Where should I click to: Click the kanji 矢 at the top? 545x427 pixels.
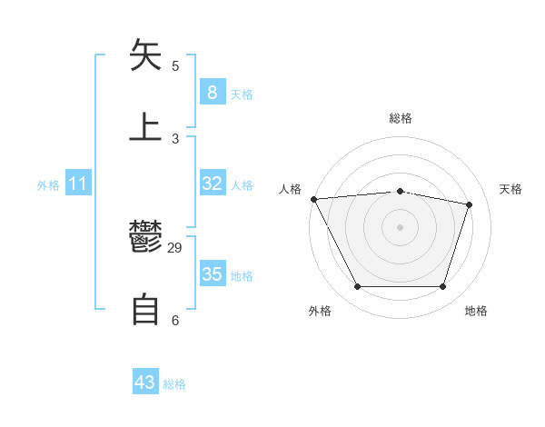coord(145,55)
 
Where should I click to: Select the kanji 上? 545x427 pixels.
coord(145,126)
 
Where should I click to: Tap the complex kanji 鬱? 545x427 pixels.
coord(145,238)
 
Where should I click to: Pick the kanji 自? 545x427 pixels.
coord(145,309)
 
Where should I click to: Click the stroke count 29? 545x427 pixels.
coord(175,248)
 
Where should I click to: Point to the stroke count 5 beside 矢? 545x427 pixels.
coord(175,65)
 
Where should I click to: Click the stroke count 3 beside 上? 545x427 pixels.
coord(175,138)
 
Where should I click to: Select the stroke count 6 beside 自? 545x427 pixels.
coord(175,320)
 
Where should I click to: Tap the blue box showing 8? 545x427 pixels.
coord(212,92)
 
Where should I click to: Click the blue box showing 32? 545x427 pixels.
coord(212,184)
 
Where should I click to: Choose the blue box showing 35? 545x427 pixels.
coord(212,274)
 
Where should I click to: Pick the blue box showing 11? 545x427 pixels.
coord(78,184)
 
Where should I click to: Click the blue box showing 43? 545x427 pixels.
coord(145,382)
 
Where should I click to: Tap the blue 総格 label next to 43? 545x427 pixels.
coord(174,384)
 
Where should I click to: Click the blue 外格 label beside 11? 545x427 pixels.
coord(48,185)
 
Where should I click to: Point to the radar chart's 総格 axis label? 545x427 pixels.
coord(400,118)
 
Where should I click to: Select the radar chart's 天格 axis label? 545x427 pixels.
coord(510,189)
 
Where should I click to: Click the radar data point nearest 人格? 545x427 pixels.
coord(313,199)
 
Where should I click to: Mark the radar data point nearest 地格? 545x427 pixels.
coord(442,287)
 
